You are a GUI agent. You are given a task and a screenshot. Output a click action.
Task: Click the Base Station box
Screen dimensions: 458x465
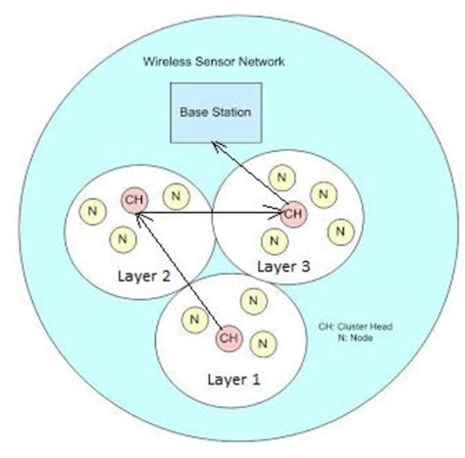[x=215, y=113]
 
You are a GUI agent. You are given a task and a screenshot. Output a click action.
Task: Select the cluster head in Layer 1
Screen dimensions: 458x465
[x=229, y=338]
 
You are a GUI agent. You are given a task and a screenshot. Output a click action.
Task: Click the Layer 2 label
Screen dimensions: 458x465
[x=143, y=277]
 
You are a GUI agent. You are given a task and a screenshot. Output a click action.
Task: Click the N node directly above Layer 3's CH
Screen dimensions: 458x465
[x=283, y=178]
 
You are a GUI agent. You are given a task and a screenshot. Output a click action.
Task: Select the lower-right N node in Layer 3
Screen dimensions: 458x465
[x=339, y=231]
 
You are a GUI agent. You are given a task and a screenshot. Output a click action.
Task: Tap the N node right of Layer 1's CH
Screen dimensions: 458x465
[x=262, y=342]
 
